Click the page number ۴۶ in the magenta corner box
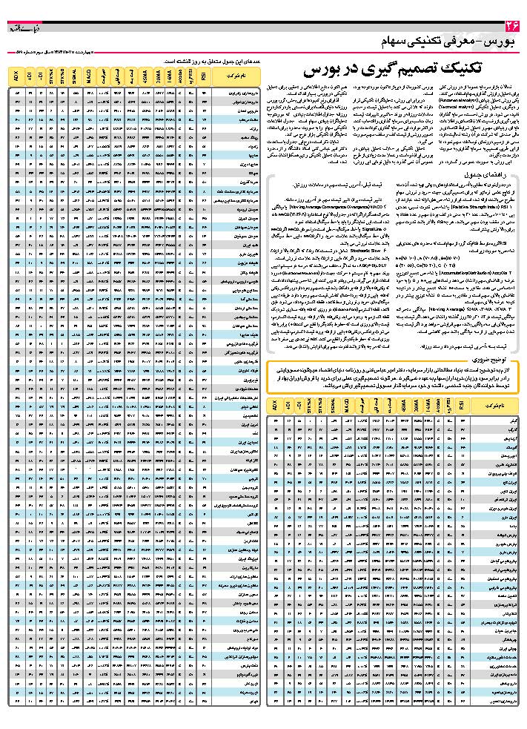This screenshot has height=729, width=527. (x=511, y=28)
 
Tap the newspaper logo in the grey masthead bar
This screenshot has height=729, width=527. (x=24, y=28)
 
